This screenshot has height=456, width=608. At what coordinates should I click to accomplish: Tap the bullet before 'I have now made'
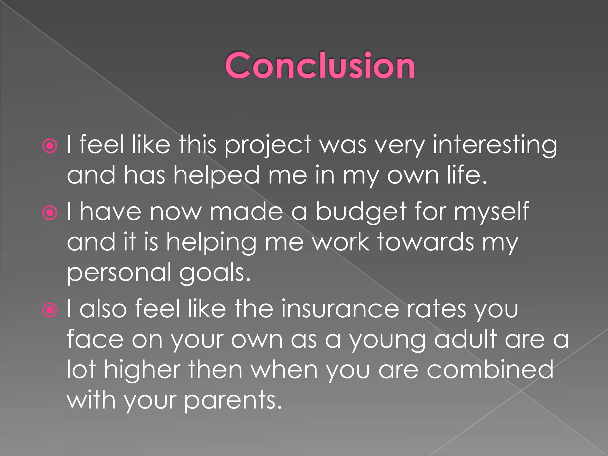[x=50, y=213]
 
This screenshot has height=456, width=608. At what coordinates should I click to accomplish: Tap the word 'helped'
[x=216, y=176]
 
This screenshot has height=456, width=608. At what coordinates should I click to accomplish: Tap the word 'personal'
[x=119, y=273]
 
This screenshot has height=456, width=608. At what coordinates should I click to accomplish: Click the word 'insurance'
[x=340, y=309]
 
